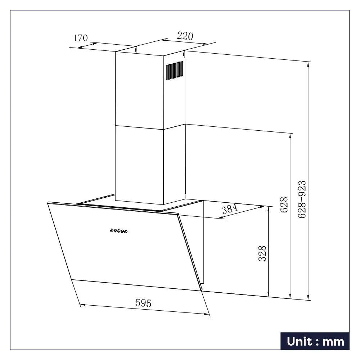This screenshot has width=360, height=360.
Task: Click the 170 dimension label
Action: point(80,38)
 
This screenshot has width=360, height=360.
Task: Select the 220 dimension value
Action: point(185,36)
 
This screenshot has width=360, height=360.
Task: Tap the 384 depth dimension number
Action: point(230,209)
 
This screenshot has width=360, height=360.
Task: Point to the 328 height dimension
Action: point(262,253)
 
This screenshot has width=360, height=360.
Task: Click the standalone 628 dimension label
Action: point(284,205)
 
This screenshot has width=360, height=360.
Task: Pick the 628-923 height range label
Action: point(302,199)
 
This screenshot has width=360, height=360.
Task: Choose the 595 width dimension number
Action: point(144,303)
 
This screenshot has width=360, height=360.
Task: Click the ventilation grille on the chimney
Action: point(175,70)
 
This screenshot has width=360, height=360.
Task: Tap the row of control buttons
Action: point(119,231)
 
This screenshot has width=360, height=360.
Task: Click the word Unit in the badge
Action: point(300,341)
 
